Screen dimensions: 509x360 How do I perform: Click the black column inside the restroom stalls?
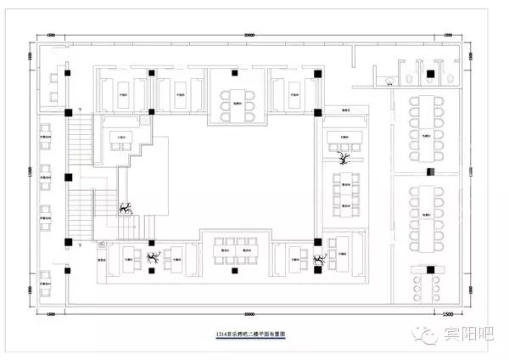point(427,74)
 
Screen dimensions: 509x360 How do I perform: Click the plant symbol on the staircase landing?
point(126,207)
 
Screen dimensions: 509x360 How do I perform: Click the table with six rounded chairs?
point(233,100)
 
